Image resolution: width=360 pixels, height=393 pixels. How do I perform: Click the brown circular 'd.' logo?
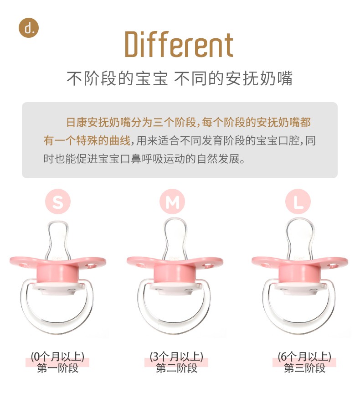[29, 28]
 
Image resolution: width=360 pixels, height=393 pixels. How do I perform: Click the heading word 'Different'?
[179, 44]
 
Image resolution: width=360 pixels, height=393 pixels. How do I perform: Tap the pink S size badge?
[58, 202]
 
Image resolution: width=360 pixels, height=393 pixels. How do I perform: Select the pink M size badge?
[172, 202]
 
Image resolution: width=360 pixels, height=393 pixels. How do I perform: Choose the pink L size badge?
[298, 202]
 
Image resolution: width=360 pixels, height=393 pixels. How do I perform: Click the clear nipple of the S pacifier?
[58, 239]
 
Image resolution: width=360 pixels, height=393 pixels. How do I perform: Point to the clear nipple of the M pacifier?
[175, 238]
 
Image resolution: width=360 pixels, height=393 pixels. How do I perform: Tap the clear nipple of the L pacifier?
[300, 238]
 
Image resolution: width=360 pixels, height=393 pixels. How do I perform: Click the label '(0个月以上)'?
[57, 357]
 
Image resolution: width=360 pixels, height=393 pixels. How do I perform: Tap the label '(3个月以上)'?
[176, 357]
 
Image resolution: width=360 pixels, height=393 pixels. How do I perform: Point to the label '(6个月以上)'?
[304, 357]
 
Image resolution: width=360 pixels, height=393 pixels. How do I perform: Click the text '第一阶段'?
[57, 368]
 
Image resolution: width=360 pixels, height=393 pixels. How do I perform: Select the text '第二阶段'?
[177, 368]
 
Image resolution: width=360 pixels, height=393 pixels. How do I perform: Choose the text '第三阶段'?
[305, 368]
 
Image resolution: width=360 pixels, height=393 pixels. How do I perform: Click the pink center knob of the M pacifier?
[175, 274]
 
